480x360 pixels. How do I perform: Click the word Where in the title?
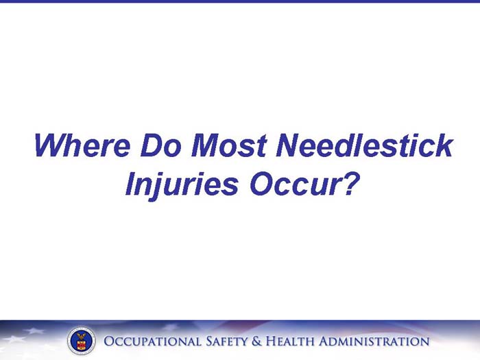click(x=82, y=146)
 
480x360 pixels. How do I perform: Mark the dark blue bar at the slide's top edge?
click(x=240, y=1)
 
